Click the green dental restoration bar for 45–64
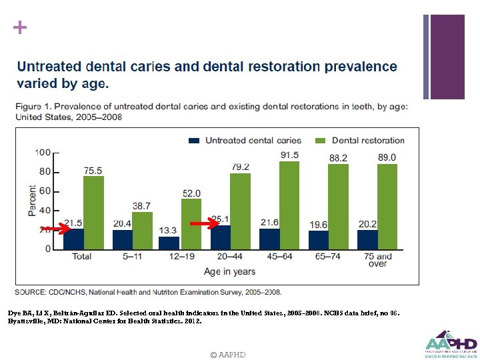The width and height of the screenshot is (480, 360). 289,205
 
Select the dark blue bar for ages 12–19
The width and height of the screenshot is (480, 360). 169,243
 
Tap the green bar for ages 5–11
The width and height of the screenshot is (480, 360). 142,230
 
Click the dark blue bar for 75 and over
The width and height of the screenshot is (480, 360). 367,239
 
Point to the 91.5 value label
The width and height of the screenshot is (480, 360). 289,155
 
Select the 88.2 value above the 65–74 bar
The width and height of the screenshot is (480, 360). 338,158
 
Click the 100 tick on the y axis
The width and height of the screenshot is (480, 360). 43,153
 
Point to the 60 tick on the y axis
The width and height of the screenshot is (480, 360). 44,191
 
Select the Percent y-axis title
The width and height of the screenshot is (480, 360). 32,200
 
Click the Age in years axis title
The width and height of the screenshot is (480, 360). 229,271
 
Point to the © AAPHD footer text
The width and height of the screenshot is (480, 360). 227,355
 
